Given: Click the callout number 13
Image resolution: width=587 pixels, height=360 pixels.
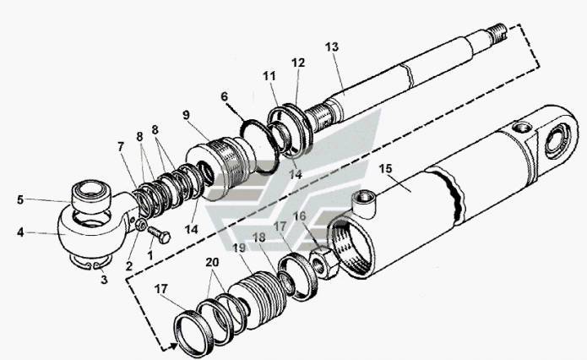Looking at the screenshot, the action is coord(332,47).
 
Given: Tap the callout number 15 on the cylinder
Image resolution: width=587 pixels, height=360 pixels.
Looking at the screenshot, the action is coord(385,168).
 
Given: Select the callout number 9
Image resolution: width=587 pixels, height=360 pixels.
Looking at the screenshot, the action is coord(187,115).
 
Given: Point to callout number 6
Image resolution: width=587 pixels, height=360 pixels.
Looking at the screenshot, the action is coord(224,96).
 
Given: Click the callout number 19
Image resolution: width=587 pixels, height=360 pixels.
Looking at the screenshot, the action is coord(239,248).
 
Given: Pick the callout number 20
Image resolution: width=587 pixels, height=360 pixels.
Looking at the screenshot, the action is coord(212,262).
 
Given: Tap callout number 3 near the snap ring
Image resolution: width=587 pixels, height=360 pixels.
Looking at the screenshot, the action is coord(104,280).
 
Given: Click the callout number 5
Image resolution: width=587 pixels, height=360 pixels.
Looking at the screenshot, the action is coord(20,199).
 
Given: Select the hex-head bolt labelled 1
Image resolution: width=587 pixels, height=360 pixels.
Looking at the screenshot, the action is coord(160,234).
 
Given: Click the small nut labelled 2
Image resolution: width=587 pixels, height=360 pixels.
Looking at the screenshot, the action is coord(141,225).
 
